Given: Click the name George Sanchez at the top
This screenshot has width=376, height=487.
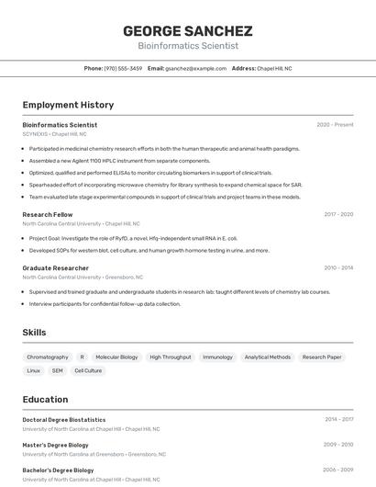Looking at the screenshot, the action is pos(188,30).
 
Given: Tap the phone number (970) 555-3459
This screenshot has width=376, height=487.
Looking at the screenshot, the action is pos(123,68).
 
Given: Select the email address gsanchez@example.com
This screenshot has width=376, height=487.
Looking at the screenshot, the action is pos(195,68).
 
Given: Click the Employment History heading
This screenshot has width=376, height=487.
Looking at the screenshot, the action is pos(68,105).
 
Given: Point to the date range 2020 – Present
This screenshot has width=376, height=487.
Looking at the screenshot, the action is pos(335,124).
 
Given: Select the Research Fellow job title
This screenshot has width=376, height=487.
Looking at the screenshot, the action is pos(48,214).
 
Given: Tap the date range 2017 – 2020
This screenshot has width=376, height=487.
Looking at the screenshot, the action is pos(337,214).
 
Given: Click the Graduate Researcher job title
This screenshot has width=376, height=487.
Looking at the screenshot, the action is pos(55,267).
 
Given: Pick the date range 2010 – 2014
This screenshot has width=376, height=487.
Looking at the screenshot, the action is pos(337,267).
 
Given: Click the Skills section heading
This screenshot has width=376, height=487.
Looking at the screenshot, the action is pos(34,332).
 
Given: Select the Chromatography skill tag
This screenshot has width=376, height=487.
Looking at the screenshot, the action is pos(48,357).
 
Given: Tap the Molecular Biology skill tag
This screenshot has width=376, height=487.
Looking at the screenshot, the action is pos(116,357).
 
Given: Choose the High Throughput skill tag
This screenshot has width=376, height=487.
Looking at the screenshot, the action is pos(171,357).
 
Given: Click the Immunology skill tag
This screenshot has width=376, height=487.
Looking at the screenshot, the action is pos(217,357).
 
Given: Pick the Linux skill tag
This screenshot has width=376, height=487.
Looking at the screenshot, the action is pos(34,370).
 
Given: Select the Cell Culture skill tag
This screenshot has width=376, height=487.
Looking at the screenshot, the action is pos(88,370).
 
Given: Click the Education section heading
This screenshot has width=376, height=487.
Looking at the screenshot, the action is pos(45,399).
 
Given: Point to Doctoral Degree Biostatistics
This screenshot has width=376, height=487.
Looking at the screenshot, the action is pos(64,419).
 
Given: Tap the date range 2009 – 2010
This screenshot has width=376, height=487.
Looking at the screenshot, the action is pos(337,444).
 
